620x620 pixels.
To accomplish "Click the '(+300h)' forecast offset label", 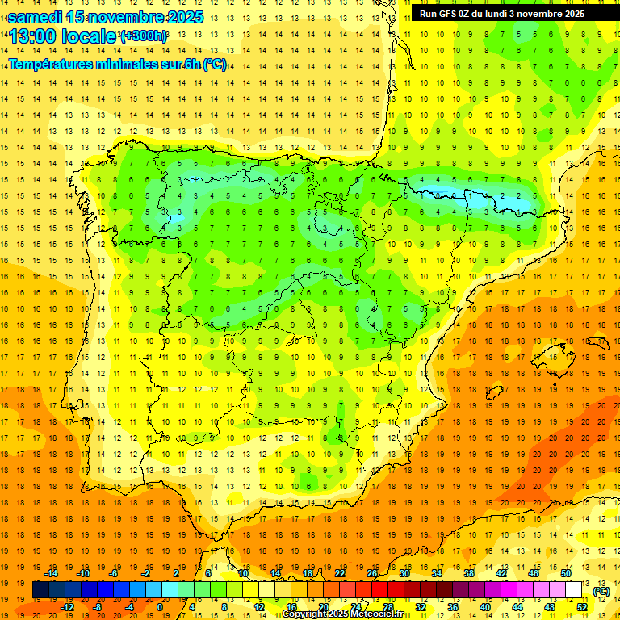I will [143, 36].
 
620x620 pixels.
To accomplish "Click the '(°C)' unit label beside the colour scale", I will [601, 591].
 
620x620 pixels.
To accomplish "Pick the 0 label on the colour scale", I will [160, 607].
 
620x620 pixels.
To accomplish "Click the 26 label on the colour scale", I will [372, 572].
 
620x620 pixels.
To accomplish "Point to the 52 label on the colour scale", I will [581, 607].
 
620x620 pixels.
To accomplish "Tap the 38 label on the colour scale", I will [469, 572].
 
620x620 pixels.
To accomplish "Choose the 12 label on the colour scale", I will [259, 607].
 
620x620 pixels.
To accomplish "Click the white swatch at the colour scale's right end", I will [573, 590].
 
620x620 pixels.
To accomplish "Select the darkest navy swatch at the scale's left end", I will [40, 590].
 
